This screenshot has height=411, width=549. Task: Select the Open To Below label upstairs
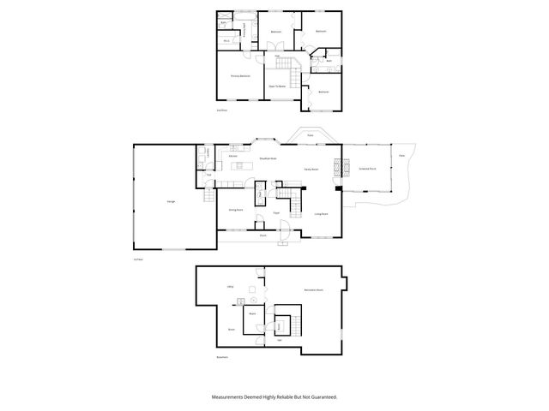276,86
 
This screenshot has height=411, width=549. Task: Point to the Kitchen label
232,157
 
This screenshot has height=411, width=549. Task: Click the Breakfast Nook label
267,158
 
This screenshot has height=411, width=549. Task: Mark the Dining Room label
235,210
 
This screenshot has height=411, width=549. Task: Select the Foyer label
277,212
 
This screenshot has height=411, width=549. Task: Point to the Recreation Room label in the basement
312,291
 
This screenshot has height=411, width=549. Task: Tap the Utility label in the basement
231,286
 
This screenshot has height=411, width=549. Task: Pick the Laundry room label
207,154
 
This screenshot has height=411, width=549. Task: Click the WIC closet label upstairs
226,40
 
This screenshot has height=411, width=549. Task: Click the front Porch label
263,235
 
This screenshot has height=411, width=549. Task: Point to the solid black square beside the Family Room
338,189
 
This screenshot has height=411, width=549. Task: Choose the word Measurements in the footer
229,397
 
